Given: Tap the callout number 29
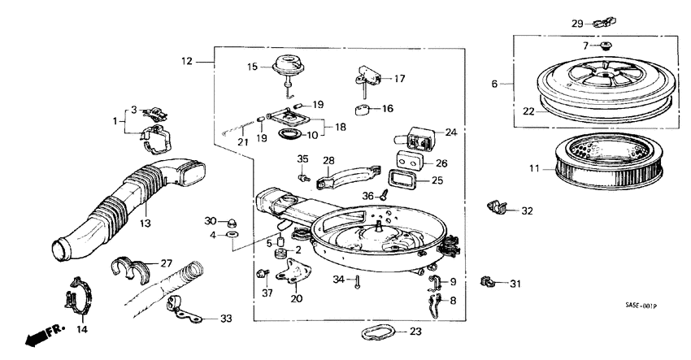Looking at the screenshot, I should tap(576, 22).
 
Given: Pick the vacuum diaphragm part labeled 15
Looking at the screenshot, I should tap(287, 66).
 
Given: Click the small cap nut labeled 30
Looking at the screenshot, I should tap(231, 221).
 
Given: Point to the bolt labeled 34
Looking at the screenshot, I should tap(357, 281).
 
